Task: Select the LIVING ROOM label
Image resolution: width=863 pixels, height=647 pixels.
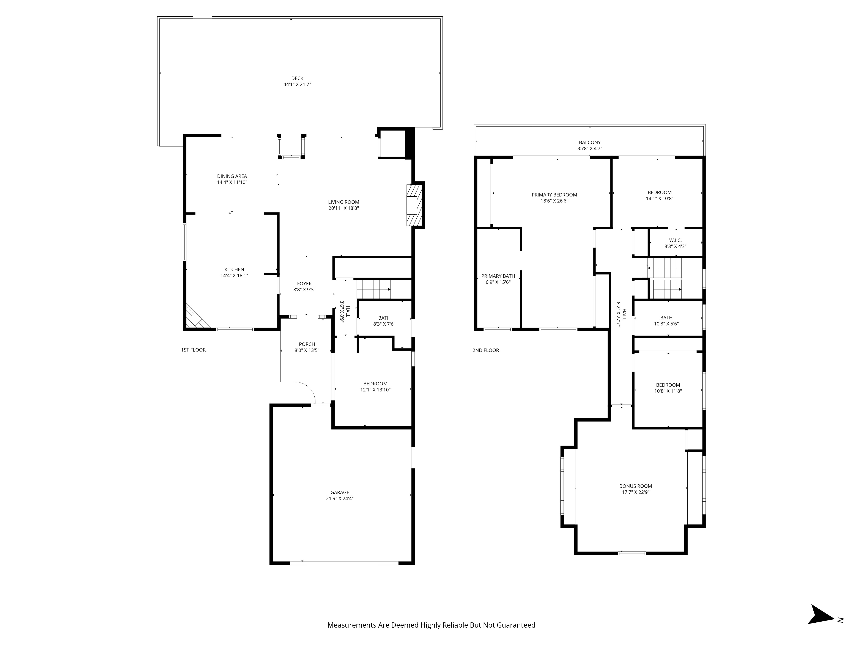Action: point(343,202)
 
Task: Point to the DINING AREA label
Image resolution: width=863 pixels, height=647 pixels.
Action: point(232,176)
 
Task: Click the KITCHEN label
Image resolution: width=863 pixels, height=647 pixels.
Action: point(234,270)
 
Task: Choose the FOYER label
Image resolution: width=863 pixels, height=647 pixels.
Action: point(304,284)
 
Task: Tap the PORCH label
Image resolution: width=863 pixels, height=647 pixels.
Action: point(307,344)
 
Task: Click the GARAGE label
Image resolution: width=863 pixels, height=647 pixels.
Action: point(340,493)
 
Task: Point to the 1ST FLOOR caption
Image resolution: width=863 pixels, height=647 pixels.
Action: point(193,350)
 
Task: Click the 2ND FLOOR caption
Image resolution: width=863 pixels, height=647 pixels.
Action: point(486,350)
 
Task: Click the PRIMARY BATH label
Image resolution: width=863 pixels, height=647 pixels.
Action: point(498,276)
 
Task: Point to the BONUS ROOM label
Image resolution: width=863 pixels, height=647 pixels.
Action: point(636,486)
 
